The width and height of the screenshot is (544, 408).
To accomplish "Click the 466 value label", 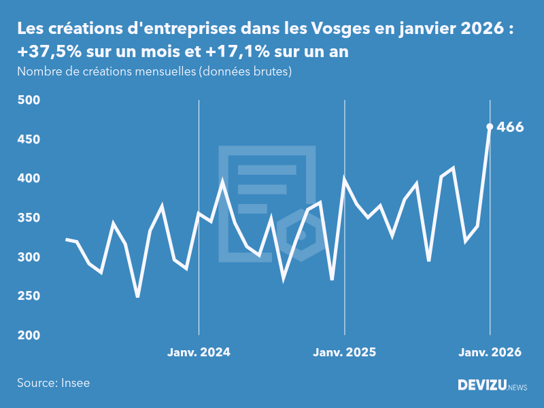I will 510,126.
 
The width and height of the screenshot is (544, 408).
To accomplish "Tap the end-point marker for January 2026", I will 490,126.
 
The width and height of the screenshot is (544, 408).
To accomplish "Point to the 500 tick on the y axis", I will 29,101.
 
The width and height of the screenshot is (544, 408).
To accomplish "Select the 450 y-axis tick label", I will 29,139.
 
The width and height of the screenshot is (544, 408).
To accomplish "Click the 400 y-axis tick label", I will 29,179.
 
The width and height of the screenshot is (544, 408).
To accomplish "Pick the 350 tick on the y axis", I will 29,218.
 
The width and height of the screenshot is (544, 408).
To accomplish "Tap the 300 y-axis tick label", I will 29,257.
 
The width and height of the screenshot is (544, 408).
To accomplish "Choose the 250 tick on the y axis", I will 29,296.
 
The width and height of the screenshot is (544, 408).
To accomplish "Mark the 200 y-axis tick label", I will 29,336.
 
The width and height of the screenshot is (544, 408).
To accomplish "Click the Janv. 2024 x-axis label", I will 199,352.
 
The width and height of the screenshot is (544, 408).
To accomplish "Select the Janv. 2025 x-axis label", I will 344,352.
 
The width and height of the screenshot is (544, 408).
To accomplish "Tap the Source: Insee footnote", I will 54,383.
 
